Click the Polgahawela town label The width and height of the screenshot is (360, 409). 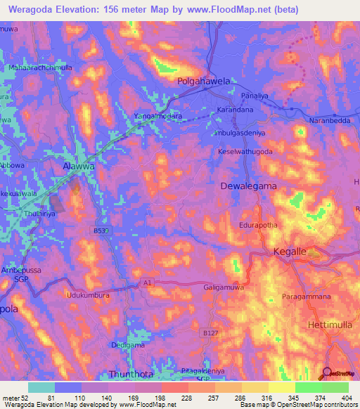(203, 82)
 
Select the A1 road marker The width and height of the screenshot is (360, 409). (146, 283)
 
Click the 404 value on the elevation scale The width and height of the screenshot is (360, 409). (345, 398)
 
